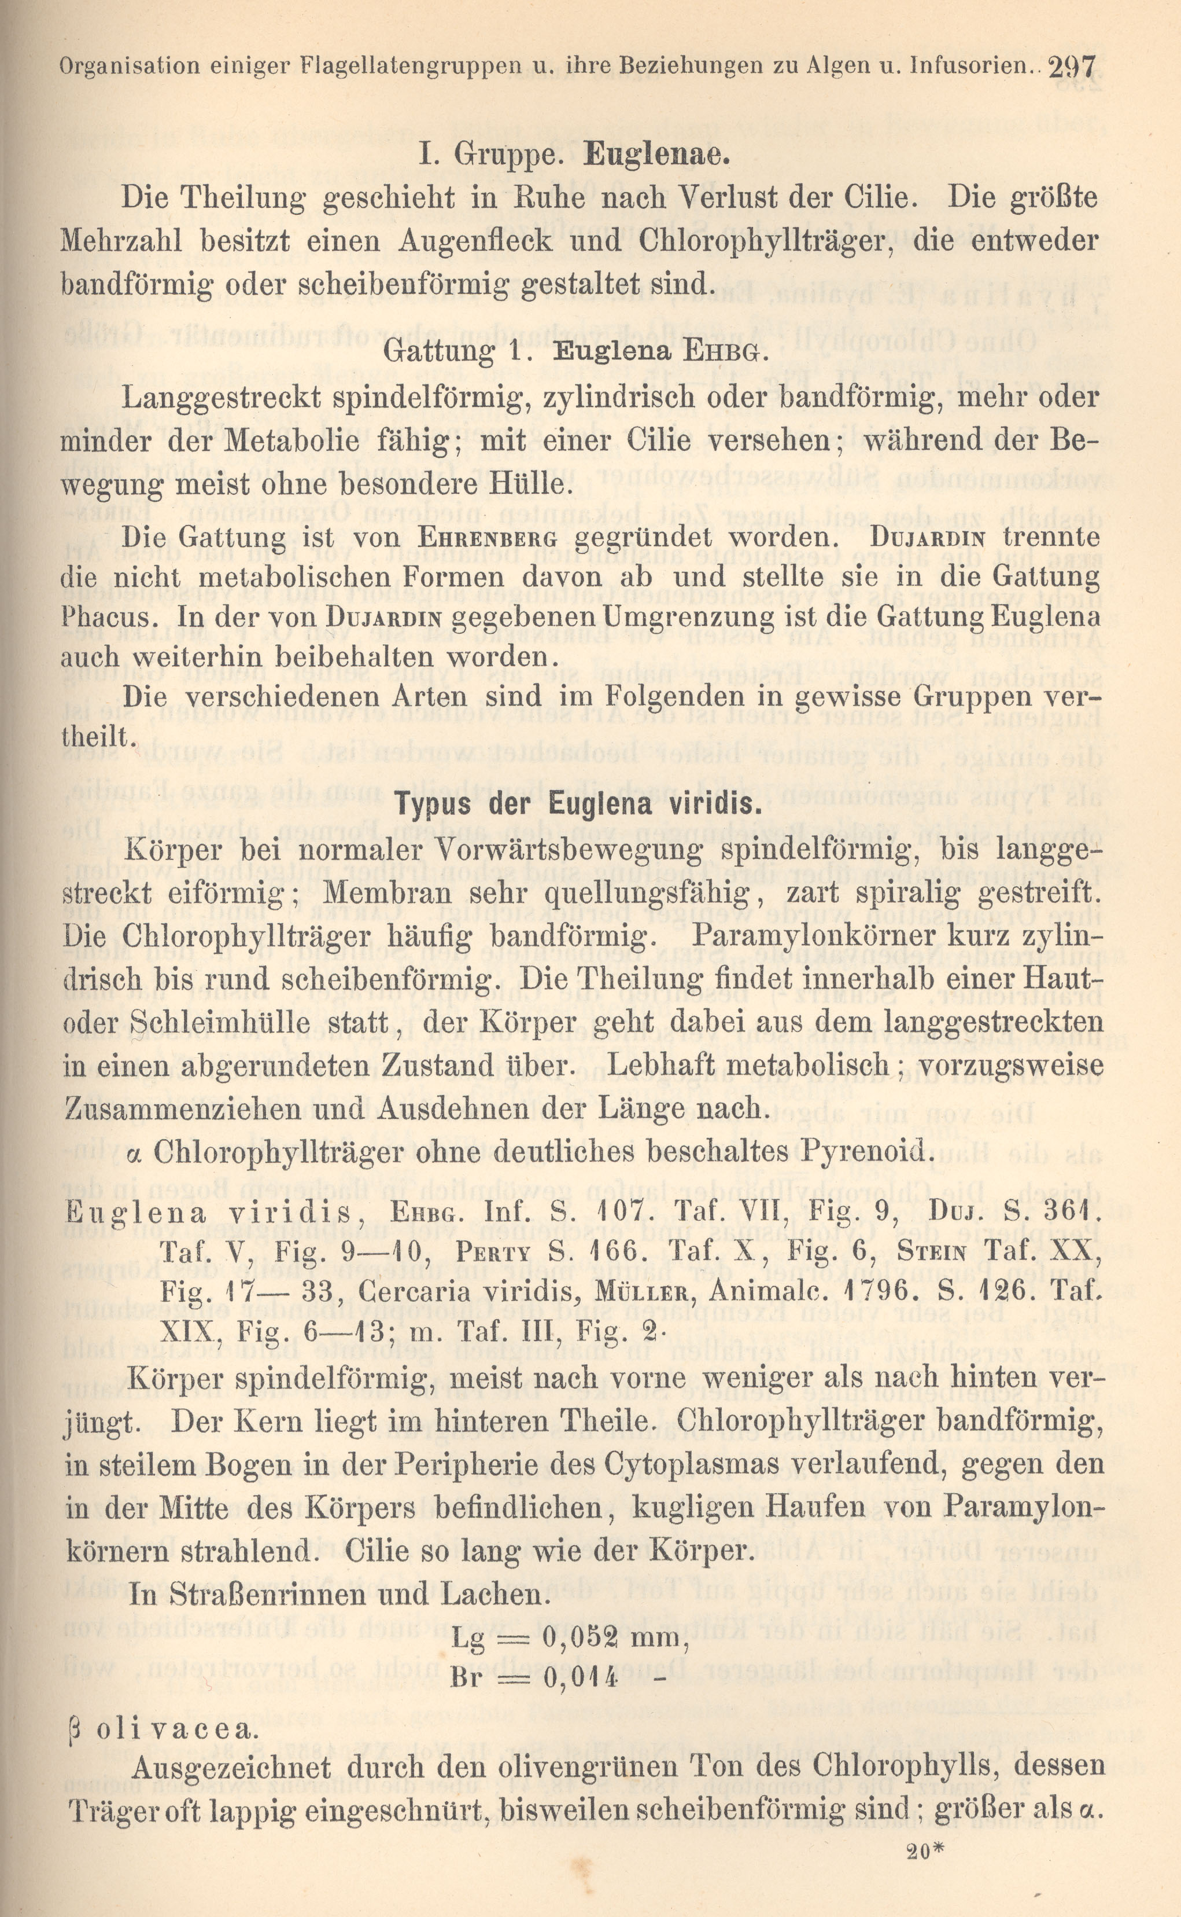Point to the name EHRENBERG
[x=488, y=538]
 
